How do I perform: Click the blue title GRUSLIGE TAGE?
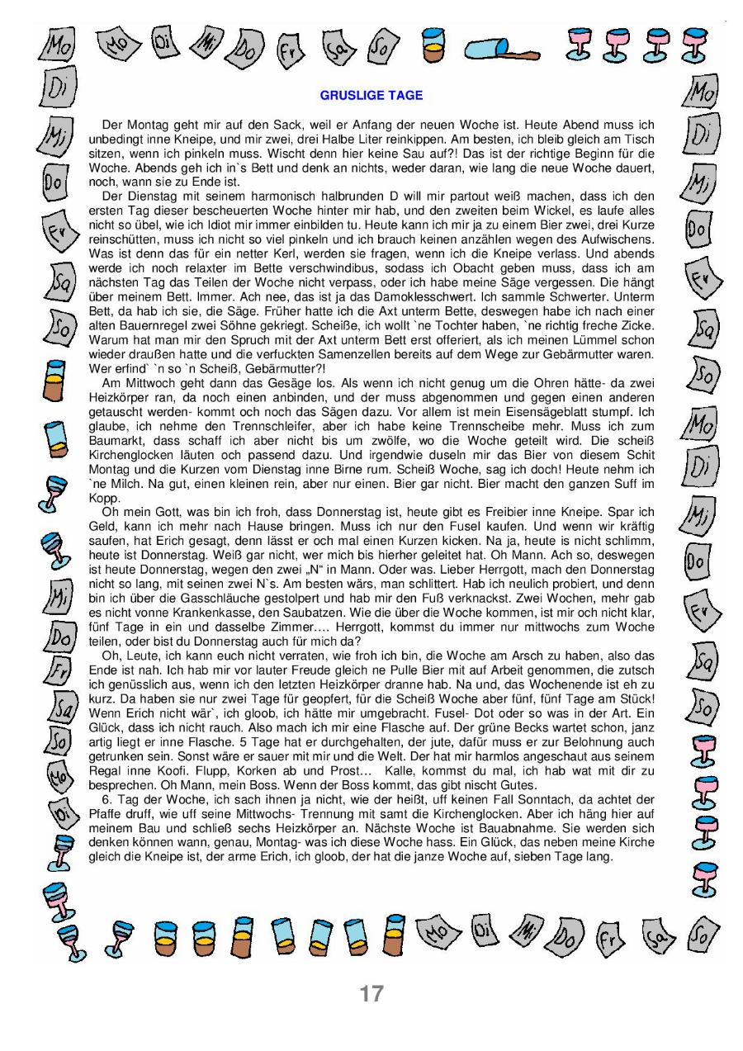click(371, 96)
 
